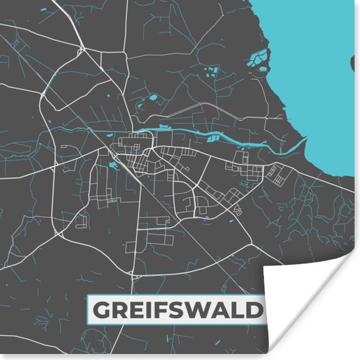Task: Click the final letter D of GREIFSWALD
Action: [x=256, y=310]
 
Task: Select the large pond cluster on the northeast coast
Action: [x=260, y=60]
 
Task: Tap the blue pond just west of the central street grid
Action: [x=113, y=166]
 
